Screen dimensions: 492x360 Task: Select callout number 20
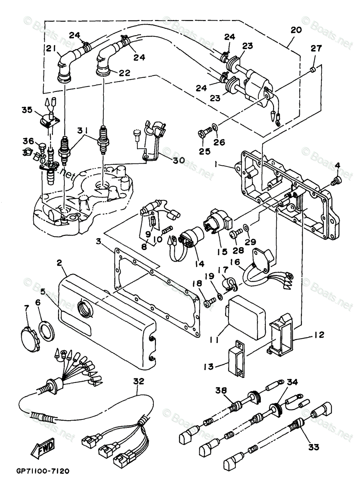click(296, 30)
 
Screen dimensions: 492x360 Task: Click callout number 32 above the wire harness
click(139, 381)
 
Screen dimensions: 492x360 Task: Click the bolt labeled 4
click(336, 180)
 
